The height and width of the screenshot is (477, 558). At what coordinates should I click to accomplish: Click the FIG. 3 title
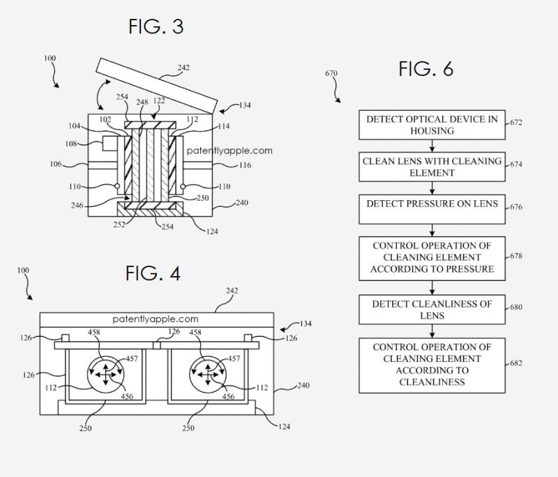pyautogui.click(x=156, y=26)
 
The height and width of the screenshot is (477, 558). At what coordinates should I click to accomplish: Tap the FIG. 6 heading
pyautogui.click(x=425, y=68)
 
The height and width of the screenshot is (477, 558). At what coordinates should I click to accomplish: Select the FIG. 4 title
pyautogui.click(x=153, y=273)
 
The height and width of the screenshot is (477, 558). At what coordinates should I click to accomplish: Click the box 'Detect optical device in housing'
pyautogui.click(x=432, y=125)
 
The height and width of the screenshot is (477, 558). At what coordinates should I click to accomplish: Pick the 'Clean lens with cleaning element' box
pyautogui.click(x=432, y=167)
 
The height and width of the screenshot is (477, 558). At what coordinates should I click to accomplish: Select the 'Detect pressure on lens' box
pyautogui.click(x=432, y=209)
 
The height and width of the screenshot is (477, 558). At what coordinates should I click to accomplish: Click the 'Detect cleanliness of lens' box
pyautogui.click(x=432, y=310)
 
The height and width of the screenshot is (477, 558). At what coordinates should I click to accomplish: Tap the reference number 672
pyautogui.click(x=516, y=122)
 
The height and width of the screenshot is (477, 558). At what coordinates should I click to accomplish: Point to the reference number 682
pyautogui.click(x=516, y=363)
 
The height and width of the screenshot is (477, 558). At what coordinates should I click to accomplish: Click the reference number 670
pyautogui.click(x=331, y=73)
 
